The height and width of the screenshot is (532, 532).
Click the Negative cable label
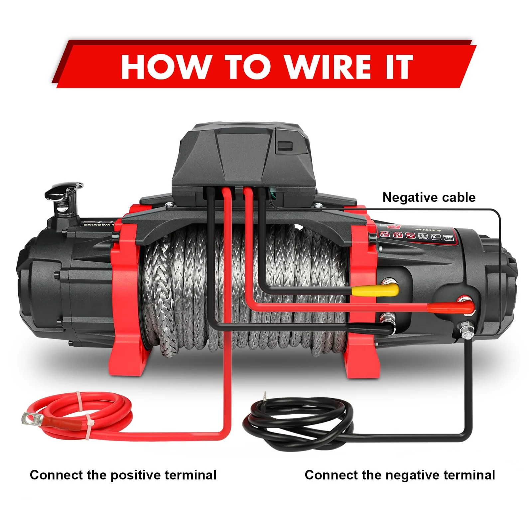click(x=429, y=197)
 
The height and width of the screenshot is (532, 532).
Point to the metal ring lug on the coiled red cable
click(x=31, y=418)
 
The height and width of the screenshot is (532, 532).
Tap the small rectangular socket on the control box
click(x=285, y=146)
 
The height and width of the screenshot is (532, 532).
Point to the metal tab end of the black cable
click(x=265, y=397)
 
